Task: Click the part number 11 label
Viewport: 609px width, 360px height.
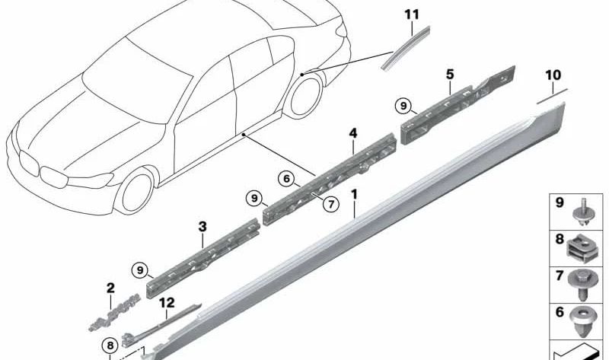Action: point(412,14)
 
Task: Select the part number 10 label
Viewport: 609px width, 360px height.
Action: point(553,75)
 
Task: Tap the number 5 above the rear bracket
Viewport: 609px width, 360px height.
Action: point(450,74)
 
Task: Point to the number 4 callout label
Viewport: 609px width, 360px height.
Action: point(352,134)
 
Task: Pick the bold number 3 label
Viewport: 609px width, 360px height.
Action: point(202,227)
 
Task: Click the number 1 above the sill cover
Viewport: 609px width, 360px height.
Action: point(354,194)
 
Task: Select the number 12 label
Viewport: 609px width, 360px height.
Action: point(167,302)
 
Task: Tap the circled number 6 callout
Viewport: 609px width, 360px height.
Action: point(287,179)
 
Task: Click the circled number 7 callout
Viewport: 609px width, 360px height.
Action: point(331,204)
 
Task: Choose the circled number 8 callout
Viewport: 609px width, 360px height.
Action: point(110,346)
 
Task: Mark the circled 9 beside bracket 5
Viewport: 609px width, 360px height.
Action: point(403,106)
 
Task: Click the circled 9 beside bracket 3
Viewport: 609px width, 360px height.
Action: point(140,270)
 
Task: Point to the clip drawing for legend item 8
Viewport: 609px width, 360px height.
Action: point(579,249)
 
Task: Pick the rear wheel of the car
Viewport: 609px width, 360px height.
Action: point(305,96)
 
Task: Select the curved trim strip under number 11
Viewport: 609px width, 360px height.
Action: point(405,49)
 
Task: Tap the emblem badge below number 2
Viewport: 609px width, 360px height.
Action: point(114,313)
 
